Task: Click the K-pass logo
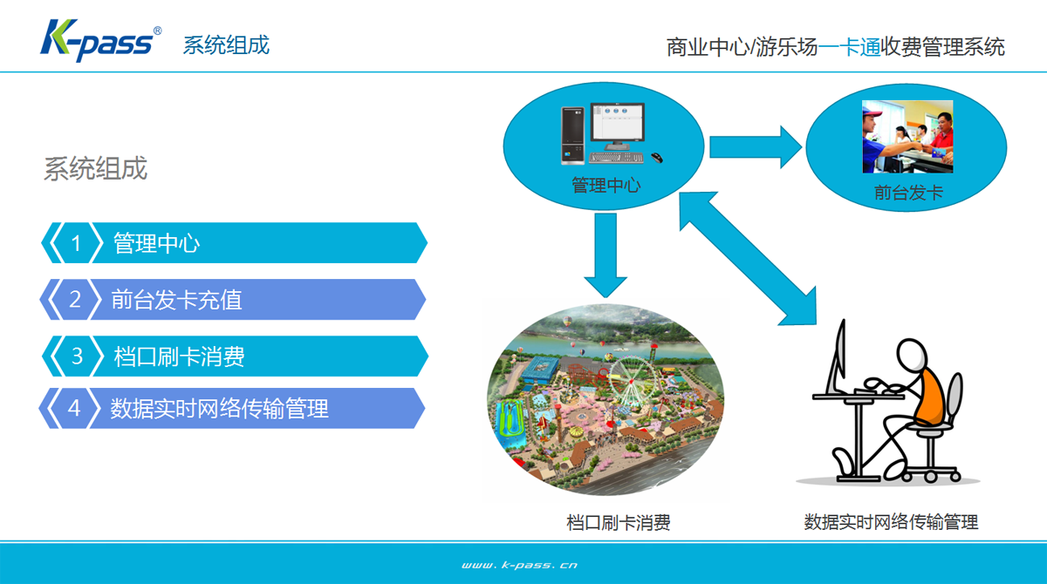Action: click(100, 41)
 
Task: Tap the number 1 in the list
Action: click(76, 243)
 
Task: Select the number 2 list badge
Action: click(75, 299)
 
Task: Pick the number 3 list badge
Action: click(77, 357)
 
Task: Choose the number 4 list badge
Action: click(74, 408)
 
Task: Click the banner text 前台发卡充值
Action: click(176, 300)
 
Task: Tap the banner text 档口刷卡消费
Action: click(179, 357)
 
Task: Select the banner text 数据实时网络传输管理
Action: click(219, 409)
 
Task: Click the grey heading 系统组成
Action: click(95, 168)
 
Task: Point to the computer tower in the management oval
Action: click(572, 135)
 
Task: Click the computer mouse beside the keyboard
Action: click(657, 157)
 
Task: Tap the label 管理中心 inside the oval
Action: click(606, 186)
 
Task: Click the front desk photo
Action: click(907, 136)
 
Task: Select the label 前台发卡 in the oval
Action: click(908, 193)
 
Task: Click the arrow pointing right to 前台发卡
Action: click(756, 147)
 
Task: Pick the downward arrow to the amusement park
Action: click(606, 255)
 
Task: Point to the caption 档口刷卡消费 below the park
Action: click(618, 522)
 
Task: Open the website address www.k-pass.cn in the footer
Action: click(519, 566)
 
